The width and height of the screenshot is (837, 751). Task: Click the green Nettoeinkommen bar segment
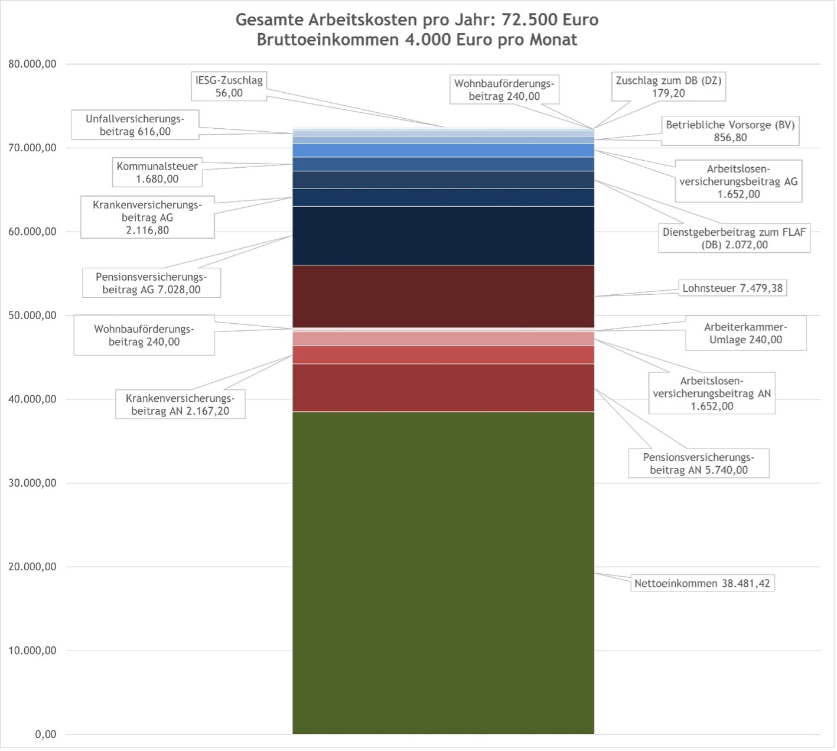tap(443, 573)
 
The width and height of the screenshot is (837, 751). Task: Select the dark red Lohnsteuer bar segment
tap(443, 297)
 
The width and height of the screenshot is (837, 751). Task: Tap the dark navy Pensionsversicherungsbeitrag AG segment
tap(443, 236)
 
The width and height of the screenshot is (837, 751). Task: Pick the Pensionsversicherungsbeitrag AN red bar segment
tap(443, 388)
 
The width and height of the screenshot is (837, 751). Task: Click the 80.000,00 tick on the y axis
tap(32, 64)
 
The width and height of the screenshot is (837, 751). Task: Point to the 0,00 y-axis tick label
tap(45, 735)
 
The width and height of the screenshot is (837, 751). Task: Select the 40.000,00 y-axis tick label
tap(32, 399)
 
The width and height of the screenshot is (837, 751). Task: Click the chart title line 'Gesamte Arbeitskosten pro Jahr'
tap(417, 19)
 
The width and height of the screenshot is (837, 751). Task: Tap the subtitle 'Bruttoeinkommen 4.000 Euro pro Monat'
tap(417, 40)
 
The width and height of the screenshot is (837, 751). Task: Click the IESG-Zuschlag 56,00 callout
tap(229, 87)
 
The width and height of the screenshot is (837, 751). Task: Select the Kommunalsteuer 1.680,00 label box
tap(157, 173)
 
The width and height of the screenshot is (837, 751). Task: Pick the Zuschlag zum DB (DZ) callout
tap(669, 87)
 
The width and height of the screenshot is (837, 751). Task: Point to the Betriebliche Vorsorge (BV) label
tap(730, 131)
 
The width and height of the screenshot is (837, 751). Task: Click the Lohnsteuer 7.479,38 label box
tap(732, 288)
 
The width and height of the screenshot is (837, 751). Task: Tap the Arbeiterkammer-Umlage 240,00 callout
tap(745, 334)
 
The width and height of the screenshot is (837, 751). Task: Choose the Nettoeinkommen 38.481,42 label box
tap(702, 584)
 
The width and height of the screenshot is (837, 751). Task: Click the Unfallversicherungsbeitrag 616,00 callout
tap(135, 125)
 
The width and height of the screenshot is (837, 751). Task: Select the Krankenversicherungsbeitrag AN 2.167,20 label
tap(180, 405)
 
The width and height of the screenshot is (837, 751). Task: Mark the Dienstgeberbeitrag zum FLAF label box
tap(734, 239)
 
